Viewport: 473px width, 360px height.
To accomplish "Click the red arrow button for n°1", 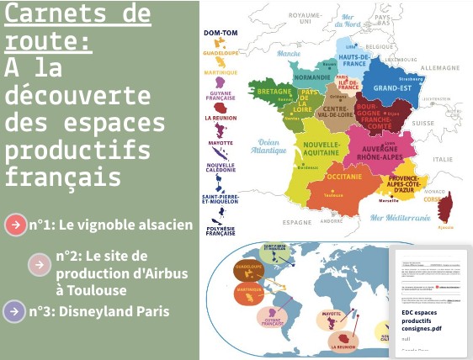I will [x=16, y=225].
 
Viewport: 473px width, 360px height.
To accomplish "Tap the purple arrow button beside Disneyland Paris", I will [x=14, y=311].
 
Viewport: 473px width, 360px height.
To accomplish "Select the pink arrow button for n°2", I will [x=40, y=265].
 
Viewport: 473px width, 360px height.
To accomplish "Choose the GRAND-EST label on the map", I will [x=391, y=87].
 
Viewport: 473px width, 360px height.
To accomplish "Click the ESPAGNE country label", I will [x=297, y=222].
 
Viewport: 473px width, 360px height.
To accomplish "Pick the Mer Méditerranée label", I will [x=401, y=216].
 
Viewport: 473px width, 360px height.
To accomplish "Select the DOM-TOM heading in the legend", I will [x=220, y=32].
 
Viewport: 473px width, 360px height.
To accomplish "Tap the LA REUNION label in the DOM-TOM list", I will [x=220, y=119].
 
